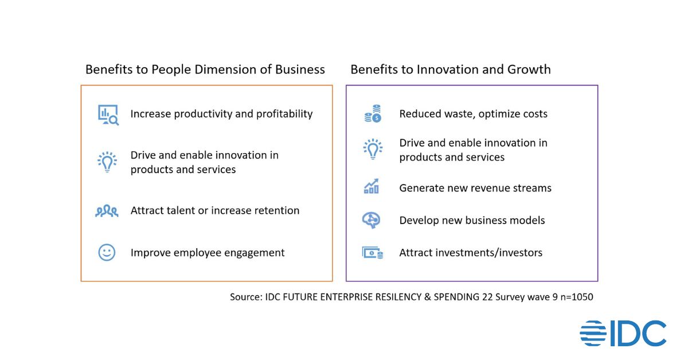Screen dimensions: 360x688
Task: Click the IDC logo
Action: pos(623,334)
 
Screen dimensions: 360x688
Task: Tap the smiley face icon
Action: pos(107,252)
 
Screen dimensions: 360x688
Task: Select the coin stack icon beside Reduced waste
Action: pos(373,114)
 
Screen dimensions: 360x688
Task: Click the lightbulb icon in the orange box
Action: pos(107,162)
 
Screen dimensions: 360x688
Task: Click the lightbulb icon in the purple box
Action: pos(373,149)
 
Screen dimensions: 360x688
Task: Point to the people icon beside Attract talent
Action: pos(107,211)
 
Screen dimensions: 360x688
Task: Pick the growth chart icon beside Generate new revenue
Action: pos(372,187)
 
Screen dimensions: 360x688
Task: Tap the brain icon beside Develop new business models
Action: pos(372,221)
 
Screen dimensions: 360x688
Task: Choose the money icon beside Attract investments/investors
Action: pos(372,252)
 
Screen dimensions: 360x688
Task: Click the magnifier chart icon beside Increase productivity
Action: pos(108,115)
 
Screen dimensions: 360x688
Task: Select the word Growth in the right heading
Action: pos(529,70)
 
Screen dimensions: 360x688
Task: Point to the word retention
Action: pos(276,210)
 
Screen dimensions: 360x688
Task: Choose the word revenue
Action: pos(479,187)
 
